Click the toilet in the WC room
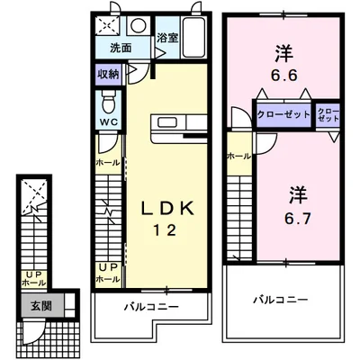(x=109, y=102)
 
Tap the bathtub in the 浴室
(x=193, y=38)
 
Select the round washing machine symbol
(x=139, y=25)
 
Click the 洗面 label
(x=121, y=48)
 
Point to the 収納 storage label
(x=108, y=74)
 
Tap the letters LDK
(x=168, y=209)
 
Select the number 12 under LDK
(x=165, y=230)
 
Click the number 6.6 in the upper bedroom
(x=283, y=75)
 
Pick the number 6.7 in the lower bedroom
(x=298, y=219)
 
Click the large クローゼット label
(x=283, y=114)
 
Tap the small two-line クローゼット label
(x=328, y=115)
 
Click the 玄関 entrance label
(x=41, y=305)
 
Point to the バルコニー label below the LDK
(x=151, y=307)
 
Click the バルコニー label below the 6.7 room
(x=281, y=300)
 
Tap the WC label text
(x=109, y=121)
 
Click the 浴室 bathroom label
(x=167, y=38)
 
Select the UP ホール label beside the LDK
(x=108, y=273)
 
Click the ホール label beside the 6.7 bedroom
(x=239, y=156)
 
